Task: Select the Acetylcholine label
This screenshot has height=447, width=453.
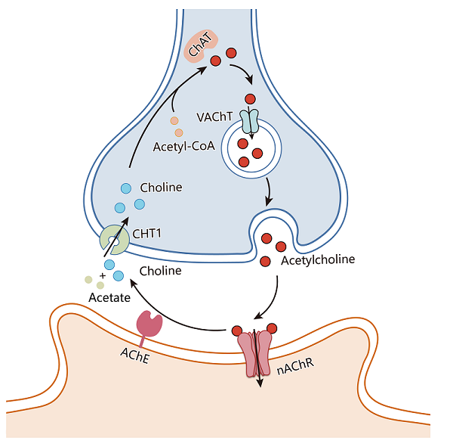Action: [318, 260]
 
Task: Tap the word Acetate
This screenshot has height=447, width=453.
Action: [109, 298]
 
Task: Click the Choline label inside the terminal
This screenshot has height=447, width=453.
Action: [161, 187]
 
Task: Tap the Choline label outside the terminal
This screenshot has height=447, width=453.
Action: [161, 269]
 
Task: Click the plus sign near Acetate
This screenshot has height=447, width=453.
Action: [101, 275]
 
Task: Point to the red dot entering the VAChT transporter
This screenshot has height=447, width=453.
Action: [248, 99]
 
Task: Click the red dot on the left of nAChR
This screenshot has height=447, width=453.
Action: [237, 331]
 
